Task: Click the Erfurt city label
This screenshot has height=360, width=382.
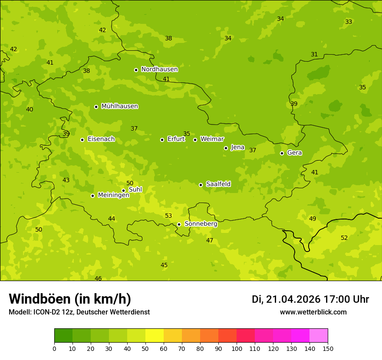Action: tap(176, 139)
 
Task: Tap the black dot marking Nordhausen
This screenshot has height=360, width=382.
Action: tap(136, 70)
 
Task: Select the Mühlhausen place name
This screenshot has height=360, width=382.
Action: tap(119, 106)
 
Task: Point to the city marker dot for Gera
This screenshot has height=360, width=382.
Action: tap(282, 153)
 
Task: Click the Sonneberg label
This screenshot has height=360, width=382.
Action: tap(201, 224)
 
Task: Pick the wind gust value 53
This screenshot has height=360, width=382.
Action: tap(168, 216)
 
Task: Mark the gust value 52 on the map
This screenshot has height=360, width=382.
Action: tap(344, 238)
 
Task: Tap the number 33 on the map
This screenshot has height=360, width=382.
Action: tap(349, 22)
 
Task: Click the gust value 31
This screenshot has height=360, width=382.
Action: tap(314, 54)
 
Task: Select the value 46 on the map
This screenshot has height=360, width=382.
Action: tap(98, 278)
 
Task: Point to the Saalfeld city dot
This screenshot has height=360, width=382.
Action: tap(201, 185)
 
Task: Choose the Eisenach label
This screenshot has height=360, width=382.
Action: tap(101, 139)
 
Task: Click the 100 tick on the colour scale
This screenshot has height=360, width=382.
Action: tap(237, 348)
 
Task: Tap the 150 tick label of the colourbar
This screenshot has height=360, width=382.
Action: tap(328, 348)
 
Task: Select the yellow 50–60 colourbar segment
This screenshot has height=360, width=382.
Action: tap(155, 336)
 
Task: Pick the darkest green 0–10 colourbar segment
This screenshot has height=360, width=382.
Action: tap(63, 336)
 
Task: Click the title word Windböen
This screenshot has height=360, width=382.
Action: tap(40, 299)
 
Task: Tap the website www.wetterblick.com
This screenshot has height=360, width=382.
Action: tap(313, 312)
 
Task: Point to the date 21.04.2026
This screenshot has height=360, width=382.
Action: tap(293, 299)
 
